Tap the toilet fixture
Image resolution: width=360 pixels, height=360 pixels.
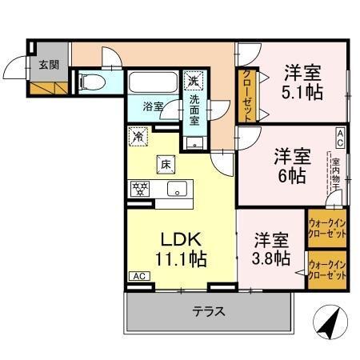[90, 82]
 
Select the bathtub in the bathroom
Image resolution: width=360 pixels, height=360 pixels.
[153, 83]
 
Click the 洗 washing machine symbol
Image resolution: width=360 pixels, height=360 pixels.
[193, 80]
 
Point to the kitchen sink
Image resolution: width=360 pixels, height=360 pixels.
[177, 190]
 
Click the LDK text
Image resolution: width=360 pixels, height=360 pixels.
[182, 239]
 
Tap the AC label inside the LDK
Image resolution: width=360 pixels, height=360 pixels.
[138, 275]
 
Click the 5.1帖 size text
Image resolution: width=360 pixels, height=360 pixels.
[302, 92]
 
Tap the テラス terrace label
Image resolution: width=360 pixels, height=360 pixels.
[208, 312]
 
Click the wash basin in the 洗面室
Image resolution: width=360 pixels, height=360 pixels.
[194, 142]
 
